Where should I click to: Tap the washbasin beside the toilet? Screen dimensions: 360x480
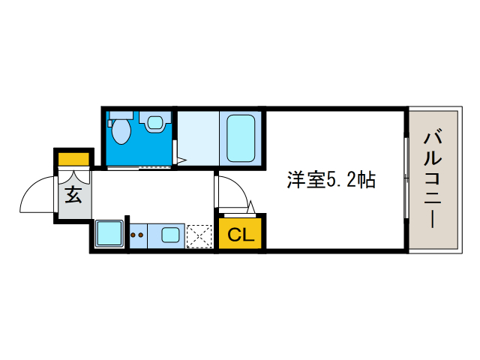click(156, 122)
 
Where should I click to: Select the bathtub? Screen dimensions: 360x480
click(241, 137)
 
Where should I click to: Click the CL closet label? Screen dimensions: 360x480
click(241, 235)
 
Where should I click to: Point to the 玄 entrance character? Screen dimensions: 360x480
click(73, 196)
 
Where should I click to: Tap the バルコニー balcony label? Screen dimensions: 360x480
click(433, 180)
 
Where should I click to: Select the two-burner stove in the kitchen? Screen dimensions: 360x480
click(138, 235)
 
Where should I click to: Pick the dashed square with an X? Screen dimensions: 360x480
click(199, 235)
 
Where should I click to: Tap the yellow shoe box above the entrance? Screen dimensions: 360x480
click(73, 159)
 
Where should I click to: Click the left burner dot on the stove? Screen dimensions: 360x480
click(133, 235)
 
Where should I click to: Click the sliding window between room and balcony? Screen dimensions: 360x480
click(406, 180)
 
